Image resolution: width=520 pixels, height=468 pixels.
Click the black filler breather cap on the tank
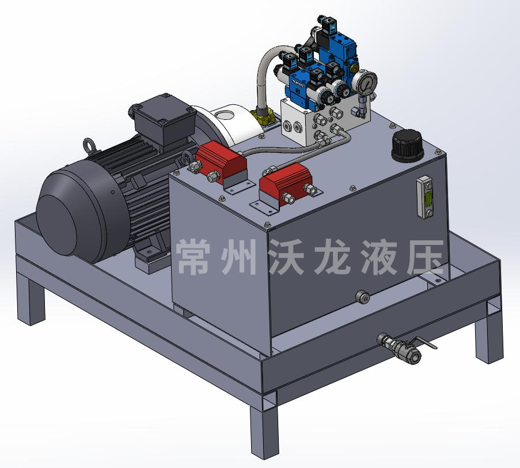point(407,145)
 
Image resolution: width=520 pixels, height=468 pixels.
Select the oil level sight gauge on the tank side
point(426,198)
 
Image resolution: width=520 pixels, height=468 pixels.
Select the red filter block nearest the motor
point(221,161)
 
